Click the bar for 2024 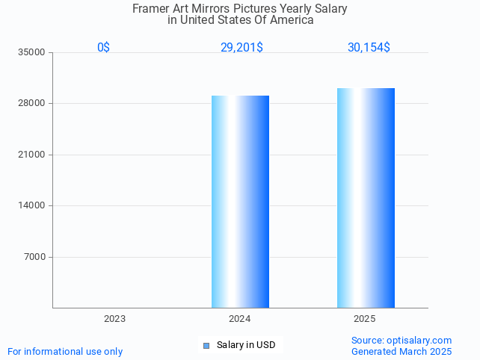(240, 202)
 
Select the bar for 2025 (366, 198)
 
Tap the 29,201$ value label (241, 48)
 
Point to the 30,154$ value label (369, 48)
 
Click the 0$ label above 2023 (103, 48)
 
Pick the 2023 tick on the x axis (114, 319)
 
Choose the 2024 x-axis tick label (239, 319)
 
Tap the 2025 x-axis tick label (364, 319)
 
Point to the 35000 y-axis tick (33, 52)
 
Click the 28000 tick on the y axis (33, 103)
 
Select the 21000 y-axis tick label (33, 155)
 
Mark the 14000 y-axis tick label (33, 205)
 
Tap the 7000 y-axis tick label (35, 257)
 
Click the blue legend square (206, 345)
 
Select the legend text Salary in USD (246, 345)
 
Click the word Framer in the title (150, 9)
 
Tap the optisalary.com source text (401, 340)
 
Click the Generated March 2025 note (401, 351)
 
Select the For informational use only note (65, 351)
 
